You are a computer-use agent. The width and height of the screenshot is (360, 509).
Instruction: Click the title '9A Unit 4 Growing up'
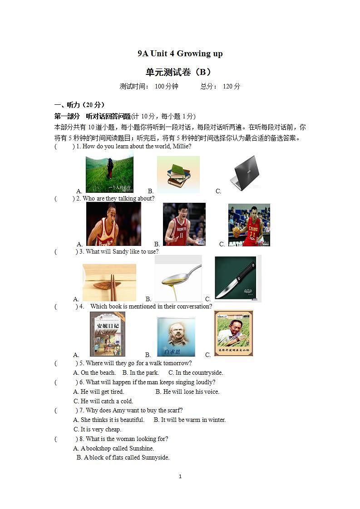(180, 54)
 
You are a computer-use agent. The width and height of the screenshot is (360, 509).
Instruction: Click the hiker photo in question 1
(109, 174)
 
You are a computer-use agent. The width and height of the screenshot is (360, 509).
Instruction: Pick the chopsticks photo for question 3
(109, 283)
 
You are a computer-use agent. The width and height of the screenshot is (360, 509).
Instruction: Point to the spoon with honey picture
(178, 278)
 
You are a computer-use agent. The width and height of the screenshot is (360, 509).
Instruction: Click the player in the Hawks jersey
(113, 224)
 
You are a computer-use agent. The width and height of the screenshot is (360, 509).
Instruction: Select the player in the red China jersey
(249, 225)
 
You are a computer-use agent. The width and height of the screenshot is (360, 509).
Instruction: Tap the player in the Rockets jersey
(184, 224)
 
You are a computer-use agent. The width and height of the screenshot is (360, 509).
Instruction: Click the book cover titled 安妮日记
(107, 334)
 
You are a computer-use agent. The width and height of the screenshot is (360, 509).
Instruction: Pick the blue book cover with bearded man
(176, 337)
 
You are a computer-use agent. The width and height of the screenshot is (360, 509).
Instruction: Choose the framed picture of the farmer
(233, 333)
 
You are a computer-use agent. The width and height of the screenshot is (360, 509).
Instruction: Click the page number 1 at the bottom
(180, 476)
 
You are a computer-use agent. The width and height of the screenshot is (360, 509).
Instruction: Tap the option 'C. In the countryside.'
(196, 373)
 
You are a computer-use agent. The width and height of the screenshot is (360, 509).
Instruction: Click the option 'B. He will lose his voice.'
(187, 392)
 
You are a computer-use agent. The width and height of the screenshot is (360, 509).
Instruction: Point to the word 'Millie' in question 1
(181, 147)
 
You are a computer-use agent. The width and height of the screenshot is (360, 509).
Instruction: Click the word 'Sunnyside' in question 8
(154, 458)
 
